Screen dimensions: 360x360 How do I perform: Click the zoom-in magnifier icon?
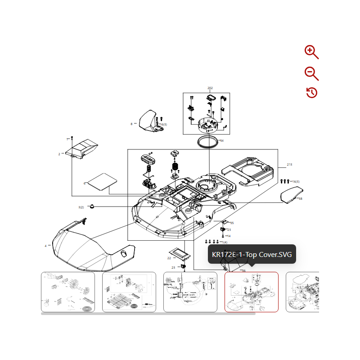pyautogui.click(x=311, y=52)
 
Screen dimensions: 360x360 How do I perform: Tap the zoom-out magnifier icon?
pyautogui.click(x=311, y=72)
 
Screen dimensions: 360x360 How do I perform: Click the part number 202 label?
pyautogui.click(x=210, y=88)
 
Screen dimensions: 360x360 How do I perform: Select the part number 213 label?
pyautogui.click(x=289, y=165)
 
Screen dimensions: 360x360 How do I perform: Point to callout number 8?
pyautogui.click(x=131, y=124)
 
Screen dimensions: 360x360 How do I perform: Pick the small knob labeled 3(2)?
pyautogui.click(x=92, y=207)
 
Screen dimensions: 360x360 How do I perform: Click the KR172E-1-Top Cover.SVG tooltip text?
pyautogui.click(x=252, y=255)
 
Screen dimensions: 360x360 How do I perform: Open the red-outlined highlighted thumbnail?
pyautogui.click(x=251, y=292)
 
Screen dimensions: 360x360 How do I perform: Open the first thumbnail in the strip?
pyautogui.click(x=68, y=292)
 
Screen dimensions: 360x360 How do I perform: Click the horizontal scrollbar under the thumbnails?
pyautogui.click(x=148, y=314)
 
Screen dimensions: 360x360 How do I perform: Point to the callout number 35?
pyautogui.click(x=232, y=223)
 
